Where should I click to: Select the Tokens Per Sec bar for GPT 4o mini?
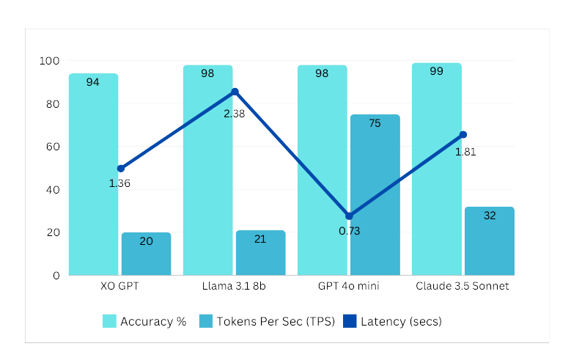pos(375,195)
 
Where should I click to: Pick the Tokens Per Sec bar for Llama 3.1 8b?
pos(260,253)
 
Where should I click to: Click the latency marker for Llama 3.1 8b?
pos(235,92)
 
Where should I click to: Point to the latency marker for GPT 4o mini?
pos(349,216)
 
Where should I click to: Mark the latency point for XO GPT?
pos(121,169)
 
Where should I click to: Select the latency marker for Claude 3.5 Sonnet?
pos(463,135)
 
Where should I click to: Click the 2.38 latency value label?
pos(234,113)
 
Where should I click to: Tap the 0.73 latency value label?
pos(349,231)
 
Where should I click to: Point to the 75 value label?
pos(375,123)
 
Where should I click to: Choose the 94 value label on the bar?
pos(93,82)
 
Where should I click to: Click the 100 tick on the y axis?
pos(50,61)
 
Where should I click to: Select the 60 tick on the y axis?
pos(53,147)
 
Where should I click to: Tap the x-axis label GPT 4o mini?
pos(348,286)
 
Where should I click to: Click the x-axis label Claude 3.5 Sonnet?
pos(462,286)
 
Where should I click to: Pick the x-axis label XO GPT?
pos(120,286)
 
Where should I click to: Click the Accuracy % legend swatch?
pos(109,321)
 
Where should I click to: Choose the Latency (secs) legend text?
pos(401,321)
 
